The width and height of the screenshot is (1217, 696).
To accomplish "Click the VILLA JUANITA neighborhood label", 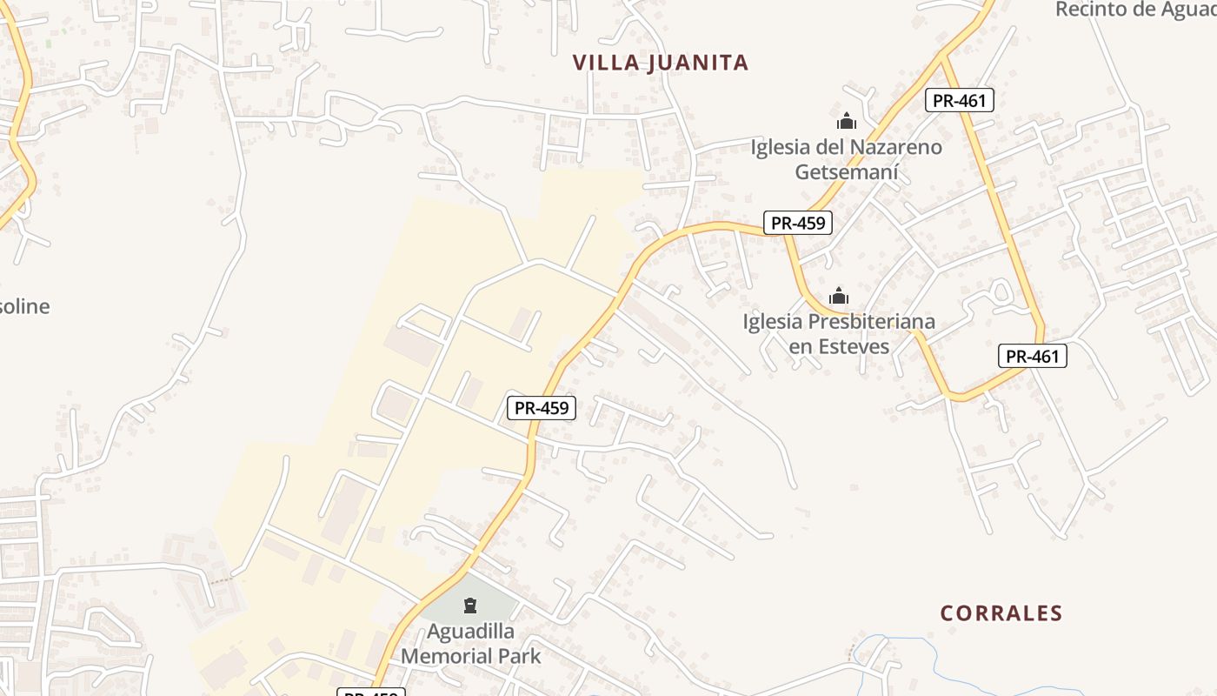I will tap(661, 63).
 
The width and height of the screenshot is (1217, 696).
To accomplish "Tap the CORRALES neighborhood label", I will tap(1001, 613).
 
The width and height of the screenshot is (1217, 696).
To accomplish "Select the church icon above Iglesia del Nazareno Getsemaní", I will tap(847, 121).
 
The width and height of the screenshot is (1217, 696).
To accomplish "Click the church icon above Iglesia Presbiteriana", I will tap(839, 296).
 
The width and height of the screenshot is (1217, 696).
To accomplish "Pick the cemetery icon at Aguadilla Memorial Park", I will tap(470, 605).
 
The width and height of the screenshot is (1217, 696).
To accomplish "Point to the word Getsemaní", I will tap(847, 172).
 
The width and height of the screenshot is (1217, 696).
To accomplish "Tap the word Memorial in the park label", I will tap(449, 656).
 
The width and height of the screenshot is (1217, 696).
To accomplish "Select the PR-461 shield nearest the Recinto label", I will tap(959, 100).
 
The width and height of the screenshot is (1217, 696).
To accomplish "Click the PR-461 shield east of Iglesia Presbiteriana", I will tap(1031, 356).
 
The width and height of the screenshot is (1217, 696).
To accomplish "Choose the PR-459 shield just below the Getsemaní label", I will tap(798, 223).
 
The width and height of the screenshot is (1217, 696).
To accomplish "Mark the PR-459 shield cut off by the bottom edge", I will tap(371, 693).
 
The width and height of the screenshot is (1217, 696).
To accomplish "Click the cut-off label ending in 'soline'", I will tap(24, 306).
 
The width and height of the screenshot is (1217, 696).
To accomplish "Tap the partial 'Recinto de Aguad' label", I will tap(1134, 10).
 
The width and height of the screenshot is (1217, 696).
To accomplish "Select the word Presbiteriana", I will tap(872, 322).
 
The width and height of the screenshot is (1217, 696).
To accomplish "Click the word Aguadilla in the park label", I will tap(470, 631).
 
